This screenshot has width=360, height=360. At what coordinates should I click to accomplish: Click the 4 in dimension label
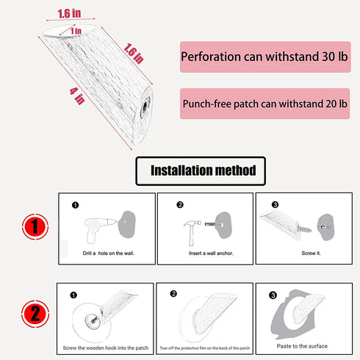77,96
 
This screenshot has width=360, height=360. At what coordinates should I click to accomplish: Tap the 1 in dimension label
76,31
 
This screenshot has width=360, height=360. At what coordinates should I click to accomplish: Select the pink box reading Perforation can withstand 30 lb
265,57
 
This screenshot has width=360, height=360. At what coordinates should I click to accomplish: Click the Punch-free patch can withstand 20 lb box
264,104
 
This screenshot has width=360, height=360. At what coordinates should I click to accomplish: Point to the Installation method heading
201,170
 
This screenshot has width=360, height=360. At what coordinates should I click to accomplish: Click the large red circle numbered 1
35,226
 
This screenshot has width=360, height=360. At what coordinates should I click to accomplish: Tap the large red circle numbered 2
35,314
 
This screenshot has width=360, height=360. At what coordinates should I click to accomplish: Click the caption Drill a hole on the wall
108,253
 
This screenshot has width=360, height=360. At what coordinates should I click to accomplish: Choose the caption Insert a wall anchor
211,253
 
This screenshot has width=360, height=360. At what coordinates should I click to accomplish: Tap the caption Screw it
311,253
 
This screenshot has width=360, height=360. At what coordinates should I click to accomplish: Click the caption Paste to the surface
302,346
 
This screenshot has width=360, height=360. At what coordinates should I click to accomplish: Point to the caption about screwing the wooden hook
106,348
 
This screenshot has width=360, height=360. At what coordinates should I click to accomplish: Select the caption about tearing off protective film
205,348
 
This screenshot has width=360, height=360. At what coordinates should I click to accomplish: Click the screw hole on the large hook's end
145,107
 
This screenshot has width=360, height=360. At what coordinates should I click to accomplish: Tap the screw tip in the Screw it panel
309,230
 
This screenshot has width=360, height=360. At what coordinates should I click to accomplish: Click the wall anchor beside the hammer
210,224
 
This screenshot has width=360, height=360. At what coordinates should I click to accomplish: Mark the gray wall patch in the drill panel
127,224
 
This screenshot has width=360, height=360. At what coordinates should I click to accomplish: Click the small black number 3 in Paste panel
273,295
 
